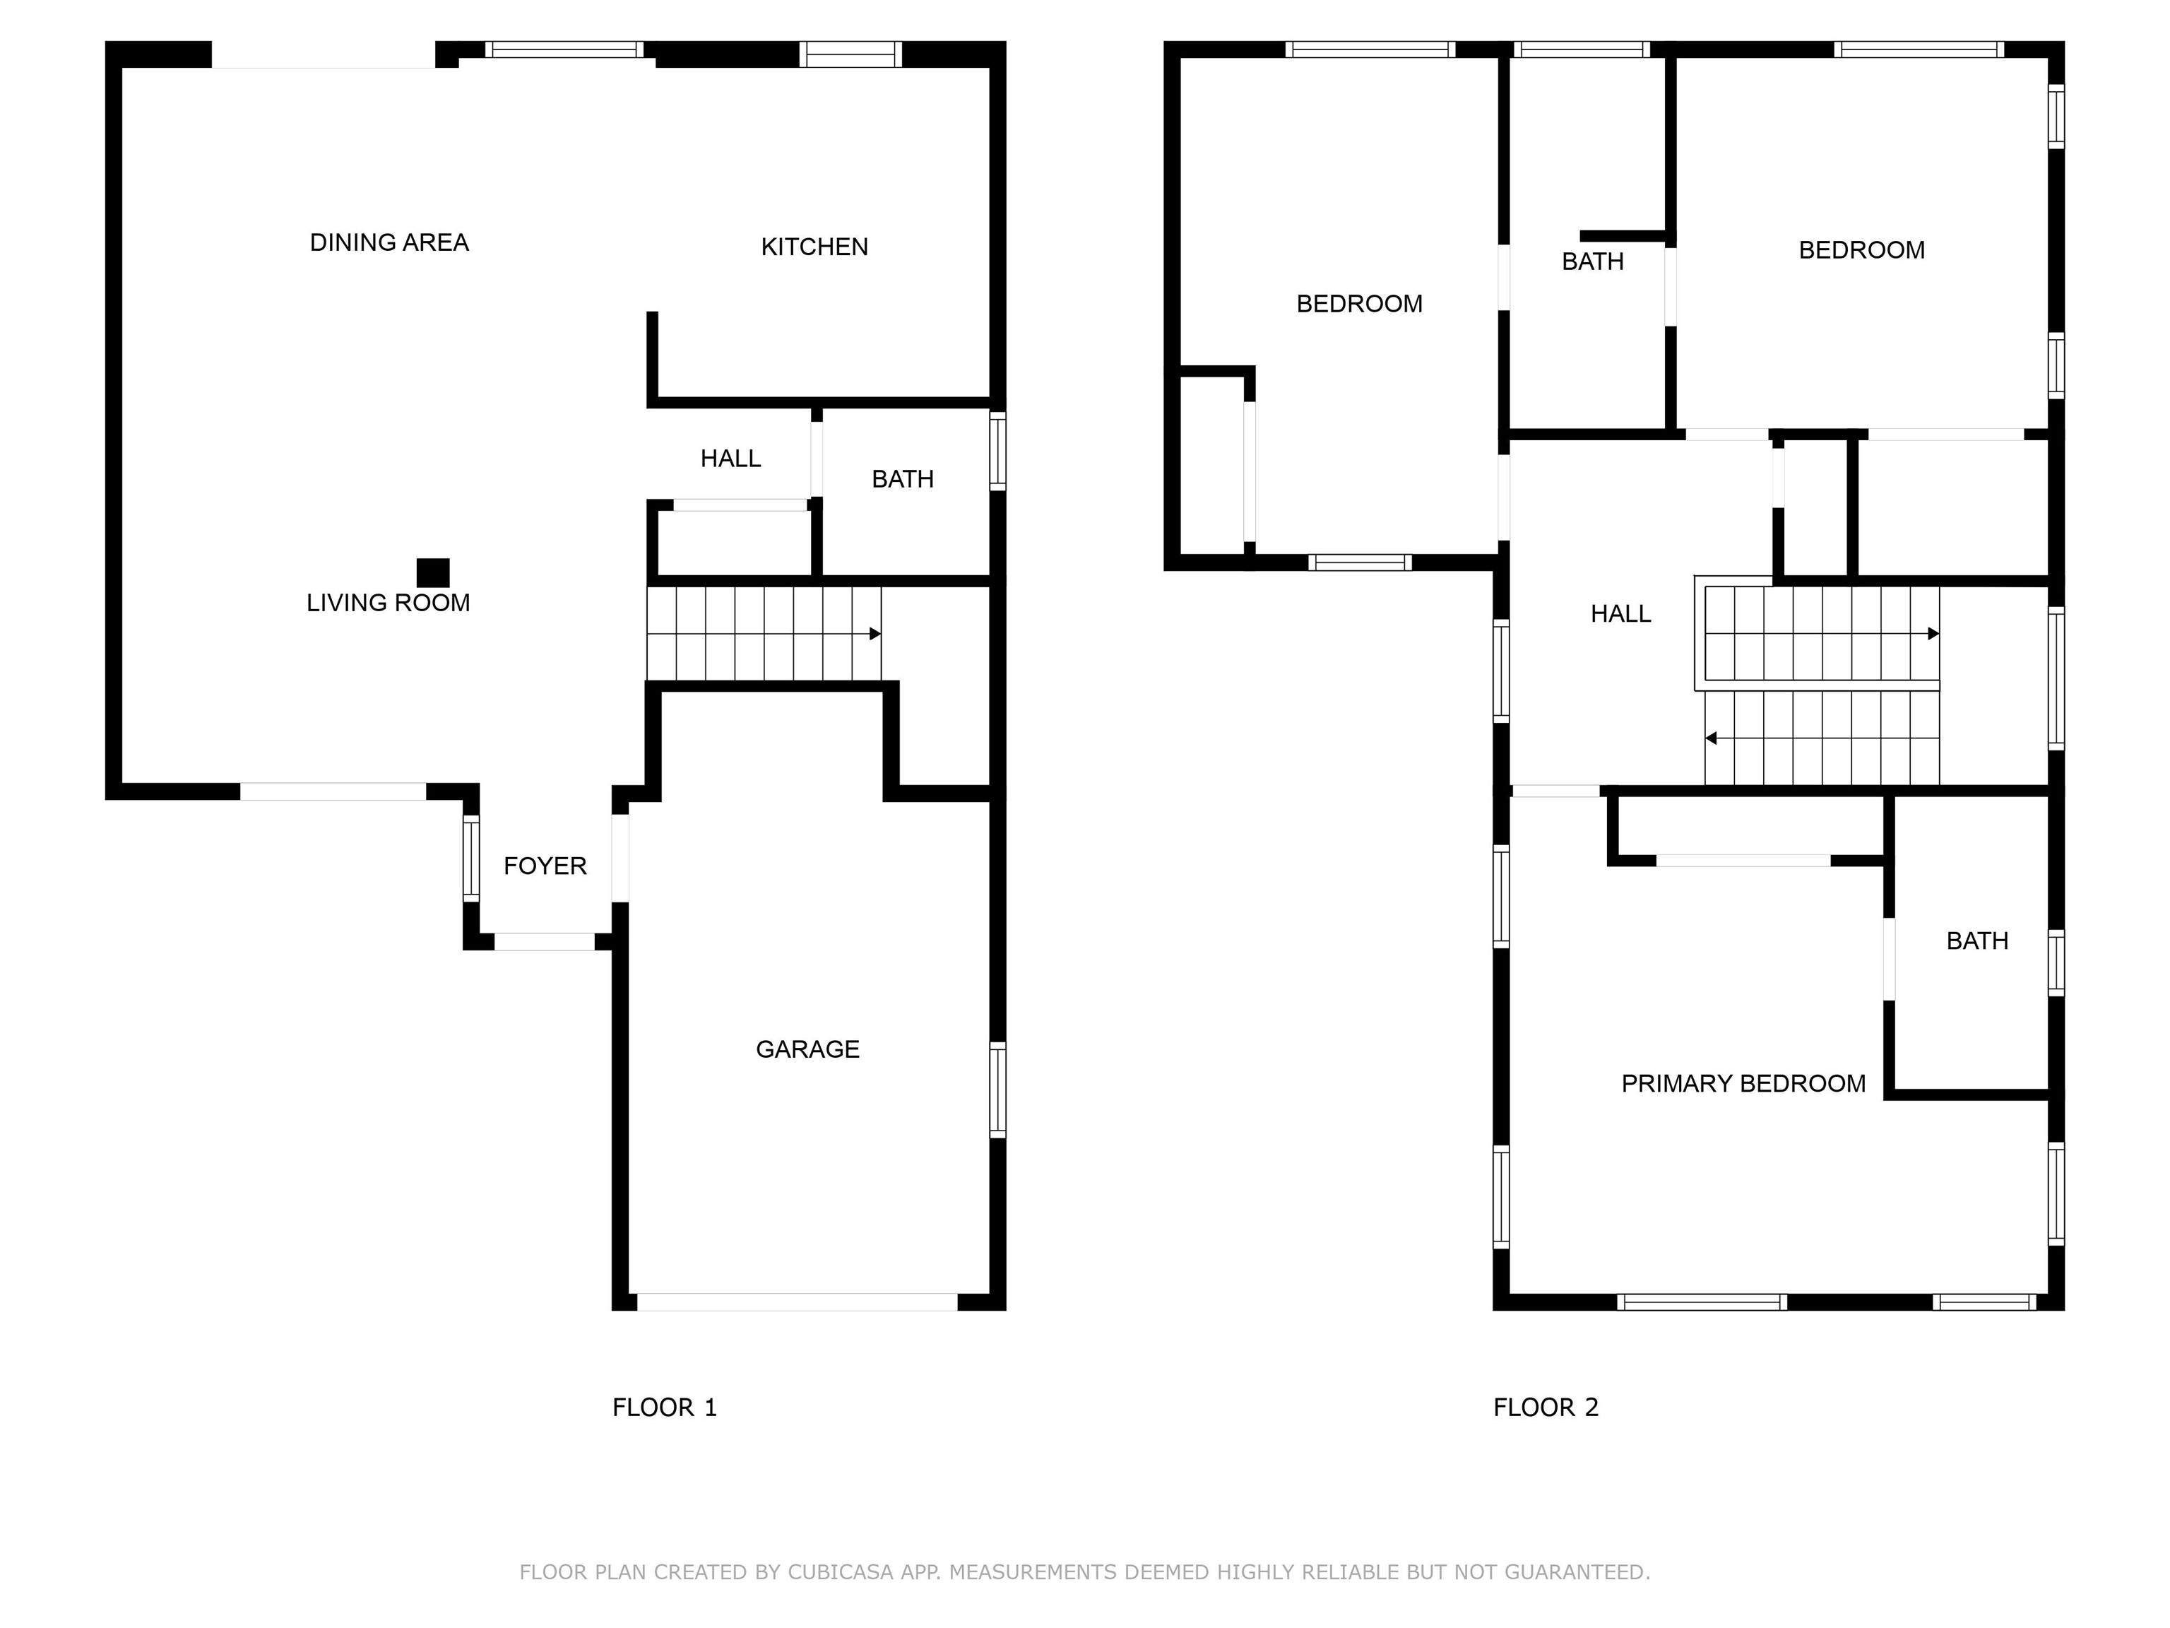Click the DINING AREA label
point(389,242)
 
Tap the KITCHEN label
point(814,247)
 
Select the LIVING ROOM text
point(388,603)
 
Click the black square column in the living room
point(432,572)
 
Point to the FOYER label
point(545,866)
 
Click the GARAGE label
point(807,1049)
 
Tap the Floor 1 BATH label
point(903,479)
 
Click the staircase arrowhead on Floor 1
point(875,634)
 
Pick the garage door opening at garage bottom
point(797,1302)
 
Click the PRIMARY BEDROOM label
point(1743,1083)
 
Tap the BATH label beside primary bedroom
point(1976,941)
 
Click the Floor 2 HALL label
point(1620,613)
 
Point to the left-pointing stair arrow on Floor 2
point(1711,738)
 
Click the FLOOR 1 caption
point(664,1408)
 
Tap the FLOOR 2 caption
point(1545,1408)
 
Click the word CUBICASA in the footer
point(841,1572)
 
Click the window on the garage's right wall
point(997,1090)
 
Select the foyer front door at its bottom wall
point(545,942)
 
